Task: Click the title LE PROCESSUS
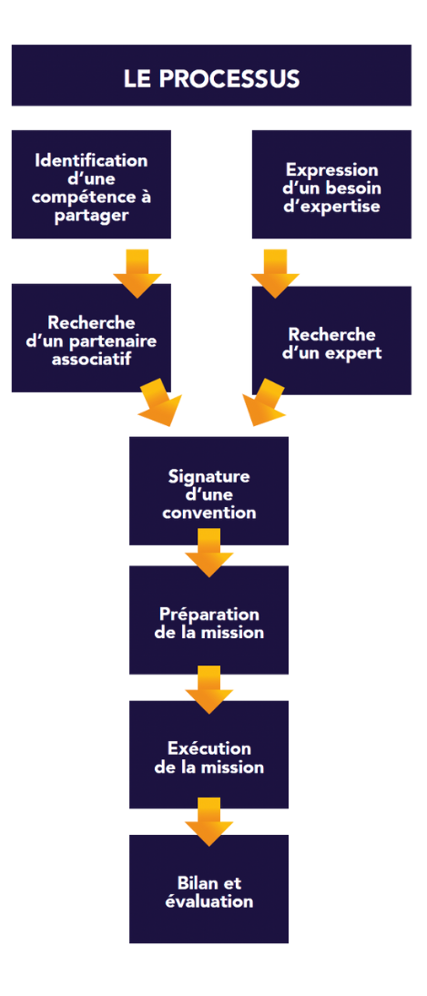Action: [x=211, y=79]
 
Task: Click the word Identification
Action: [x=91, y=159]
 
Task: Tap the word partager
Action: [x=91, y=215]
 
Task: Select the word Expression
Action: [x=331, y=169]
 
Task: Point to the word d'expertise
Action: [x=331, y=206]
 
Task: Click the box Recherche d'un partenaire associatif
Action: [x=91, y=337]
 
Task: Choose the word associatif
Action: [x=91, y=361]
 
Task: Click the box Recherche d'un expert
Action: [x=331, y=340]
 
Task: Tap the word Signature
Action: [x=209, y=476]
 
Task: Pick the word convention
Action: [x=209, y=512]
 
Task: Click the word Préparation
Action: [x=209, y=615]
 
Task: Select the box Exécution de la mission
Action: [x=209, y=754]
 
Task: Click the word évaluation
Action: [x=209, y=900]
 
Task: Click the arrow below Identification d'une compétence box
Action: [x=137, y=273]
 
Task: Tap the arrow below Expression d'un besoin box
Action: [x=275, y=273]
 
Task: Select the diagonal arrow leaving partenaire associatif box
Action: [x=159, y=402]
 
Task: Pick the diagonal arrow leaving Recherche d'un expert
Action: [x=264, y=402]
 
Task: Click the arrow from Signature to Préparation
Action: [x=209, y=553]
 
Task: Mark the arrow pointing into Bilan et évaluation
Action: [x=209, y=821]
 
